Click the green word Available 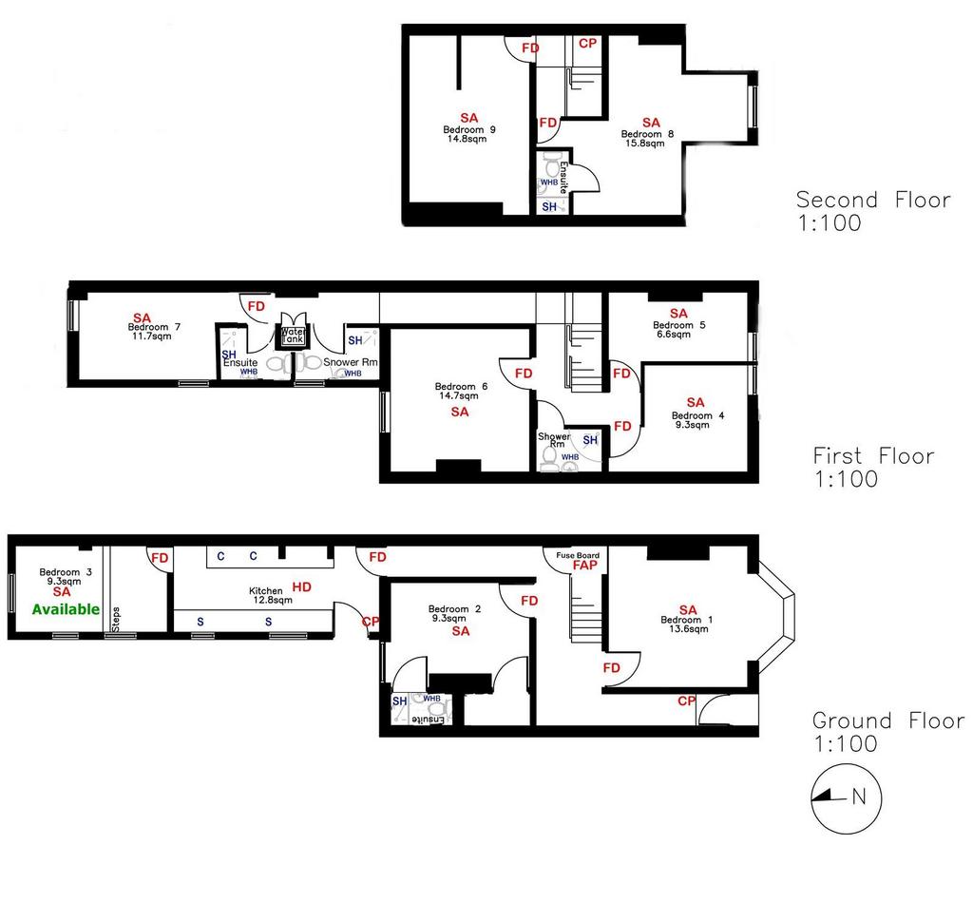pyautogui.click(x=66, y=609)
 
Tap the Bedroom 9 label pyautogui.click(x=469, y=130)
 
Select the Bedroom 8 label pyautogui.click(x=647, y=134)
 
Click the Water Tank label pyautogui.click(x=293, y=336)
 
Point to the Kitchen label pyautogui.click(x=266, y=591)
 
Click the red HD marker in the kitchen pyautogui.click(x=301, y=586)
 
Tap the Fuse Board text pyautogui.click(x=578, y=556)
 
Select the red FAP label pyautogui.click(x=584, y=565)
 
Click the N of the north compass pyautogui.click(x=859, y=796)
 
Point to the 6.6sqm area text pyautogui.click(x=674, y=334)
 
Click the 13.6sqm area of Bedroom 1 pyautogui.click(x=688, y=629)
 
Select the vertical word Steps pyautogui.click(x=116, y=619)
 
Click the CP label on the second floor pyautogui.click(x=587, y=44)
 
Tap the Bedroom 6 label pyautogui.click(x=461, y=386)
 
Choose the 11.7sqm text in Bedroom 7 pyautogui.click(x=151, y=336)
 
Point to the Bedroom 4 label pyautogui.click(x=697, y=415)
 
